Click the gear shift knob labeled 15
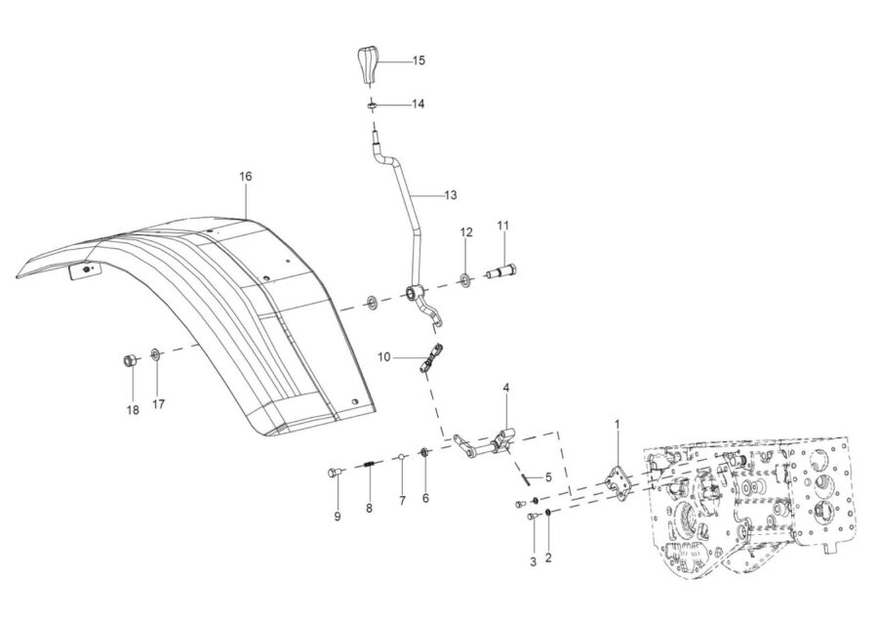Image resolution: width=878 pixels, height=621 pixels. [368, 66]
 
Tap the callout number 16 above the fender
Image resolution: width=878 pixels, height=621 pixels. [246, 177]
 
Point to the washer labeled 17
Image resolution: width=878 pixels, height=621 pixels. [155, 354]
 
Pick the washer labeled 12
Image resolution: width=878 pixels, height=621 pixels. [464, 278]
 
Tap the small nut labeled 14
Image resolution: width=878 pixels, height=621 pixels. [371, 104]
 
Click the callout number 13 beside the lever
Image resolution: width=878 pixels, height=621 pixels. [451, 195]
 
